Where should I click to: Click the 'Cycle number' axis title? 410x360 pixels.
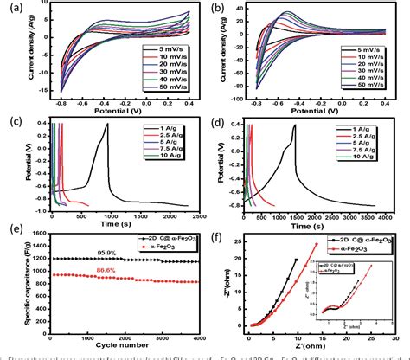[x=119, y=341]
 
